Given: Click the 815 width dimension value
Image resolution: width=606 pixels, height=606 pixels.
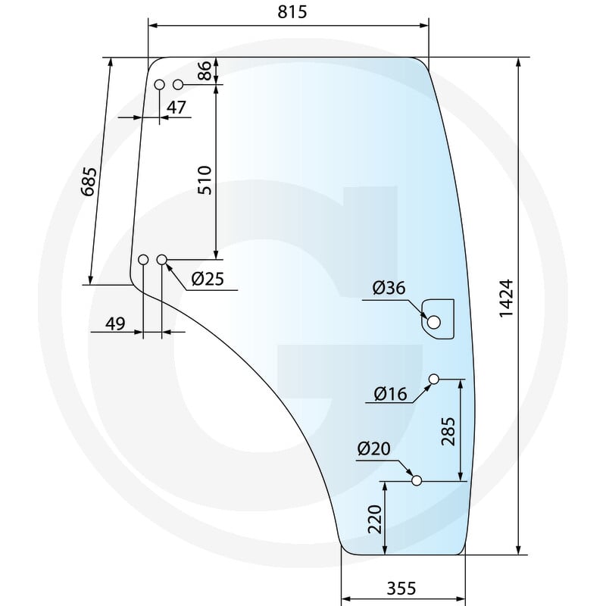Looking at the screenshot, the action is pyautogui.click(x=292, y=12).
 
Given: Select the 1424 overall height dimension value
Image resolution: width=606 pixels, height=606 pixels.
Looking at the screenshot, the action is pyautogui.click(x=506, y=298).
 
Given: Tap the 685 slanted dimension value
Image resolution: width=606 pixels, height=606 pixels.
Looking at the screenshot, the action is pyautogui.click(x=89, y=181).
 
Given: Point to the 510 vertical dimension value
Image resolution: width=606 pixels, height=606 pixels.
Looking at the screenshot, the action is pyautogui.click(x=205, y=180).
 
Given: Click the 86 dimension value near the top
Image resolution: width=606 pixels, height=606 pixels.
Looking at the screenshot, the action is pyautogui.click(x=205, y=70).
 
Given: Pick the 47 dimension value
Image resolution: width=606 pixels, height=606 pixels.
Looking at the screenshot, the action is pyautogui.click(x=176, y=108).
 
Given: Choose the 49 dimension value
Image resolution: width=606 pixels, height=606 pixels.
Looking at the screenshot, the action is pyautogui.click(x=116, y=324).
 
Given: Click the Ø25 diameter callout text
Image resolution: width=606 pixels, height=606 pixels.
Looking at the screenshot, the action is pyautogui.click(x=208, y=278).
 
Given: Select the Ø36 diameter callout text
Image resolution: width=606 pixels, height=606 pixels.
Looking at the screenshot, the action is pyautogui.click(x=389, y=288).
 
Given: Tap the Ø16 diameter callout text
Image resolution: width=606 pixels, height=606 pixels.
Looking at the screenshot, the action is pyautogui.click(x=390, y=394).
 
